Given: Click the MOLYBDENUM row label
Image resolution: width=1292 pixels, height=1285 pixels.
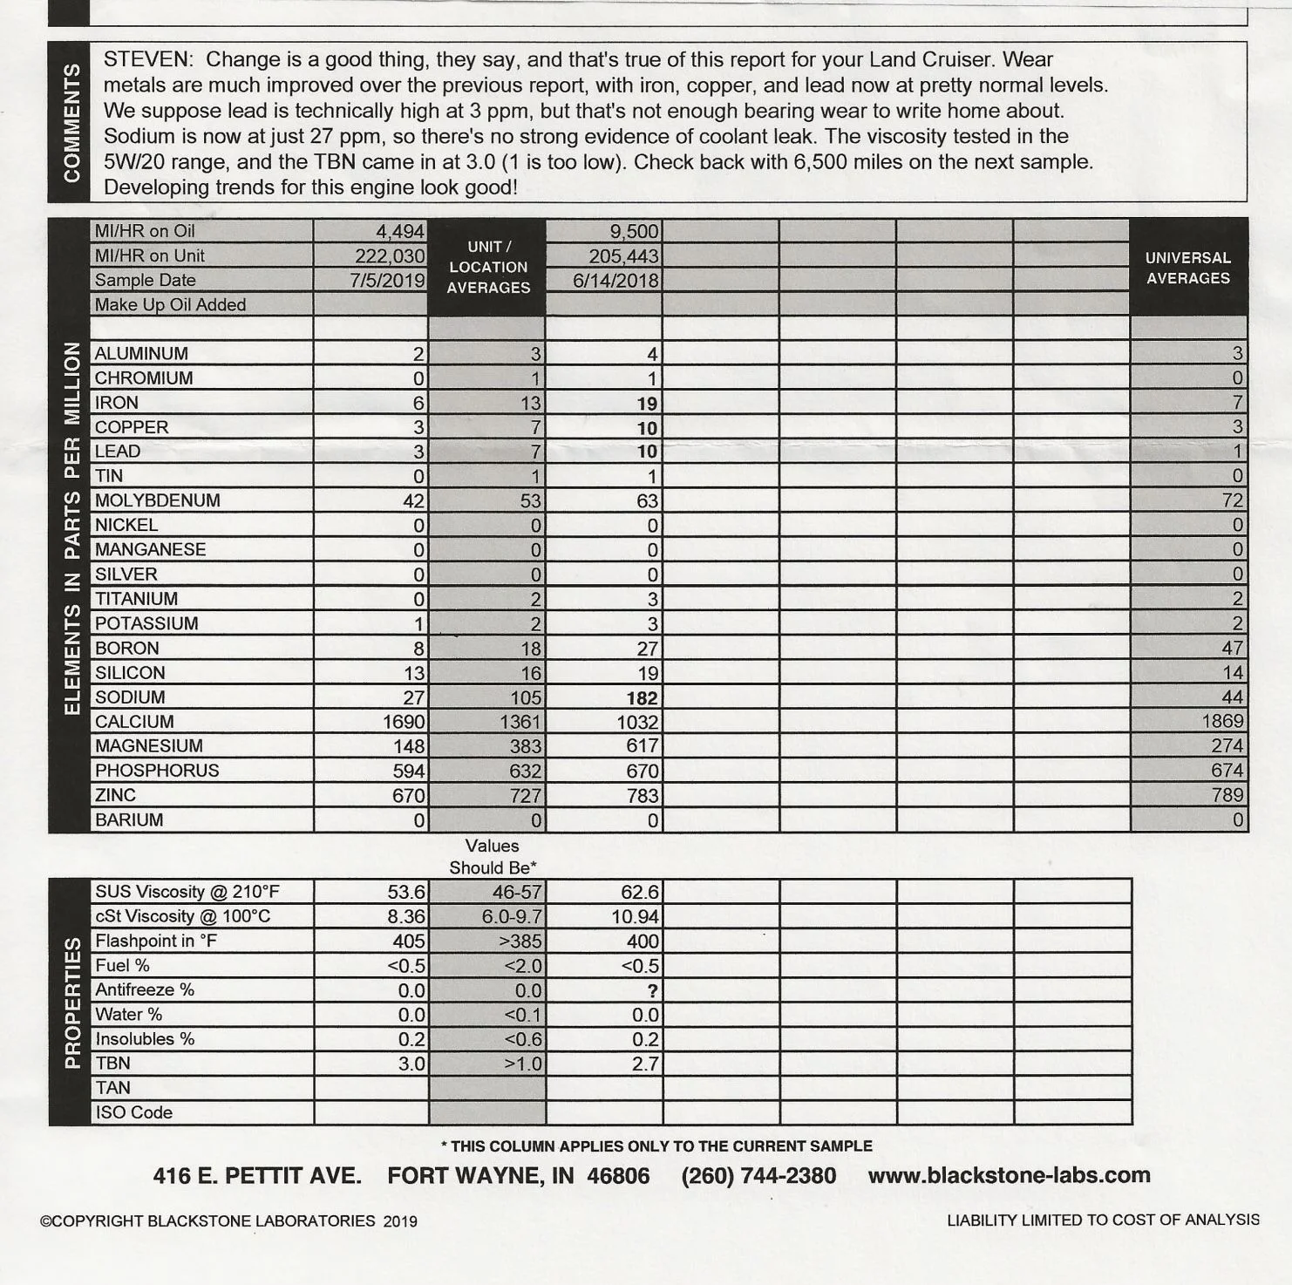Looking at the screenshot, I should (158, 500).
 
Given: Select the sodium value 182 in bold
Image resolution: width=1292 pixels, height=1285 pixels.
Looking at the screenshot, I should (643, 697).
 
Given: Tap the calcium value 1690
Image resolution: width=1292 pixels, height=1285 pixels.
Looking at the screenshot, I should (404, 722).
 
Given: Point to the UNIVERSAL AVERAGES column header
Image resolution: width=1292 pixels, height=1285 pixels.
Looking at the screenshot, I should (1187, 268).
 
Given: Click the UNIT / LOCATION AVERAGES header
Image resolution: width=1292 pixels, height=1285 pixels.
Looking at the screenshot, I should (488, 267).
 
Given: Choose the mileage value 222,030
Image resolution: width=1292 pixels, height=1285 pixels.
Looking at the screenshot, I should (390, 255).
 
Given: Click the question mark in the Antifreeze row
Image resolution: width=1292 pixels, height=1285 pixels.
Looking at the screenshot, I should (652, 990).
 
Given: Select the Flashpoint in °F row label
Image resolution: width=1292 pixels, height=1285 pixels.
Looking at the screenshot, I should (156, 941).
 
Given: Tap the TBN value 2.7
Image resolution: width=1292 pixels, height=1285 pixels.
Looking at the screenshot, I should (645, 1064).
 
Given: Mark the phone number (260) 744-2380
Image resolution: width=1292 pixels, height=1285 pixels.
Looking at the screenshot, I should (758, 1176).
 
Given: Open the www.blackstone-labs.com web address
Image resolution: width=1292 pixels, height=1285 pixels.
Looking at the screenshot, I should (1009, 1175).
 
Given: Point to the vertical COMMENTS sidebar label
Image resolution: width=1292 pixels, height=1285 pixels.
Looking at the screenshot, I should (71, 122).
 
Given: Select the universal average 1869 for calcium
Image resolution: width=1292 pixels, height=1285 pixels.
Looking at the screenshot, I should (1222, 721).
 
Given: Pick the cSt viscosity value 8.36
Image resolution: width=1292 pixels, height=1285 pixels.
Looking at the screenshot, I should (405, 916).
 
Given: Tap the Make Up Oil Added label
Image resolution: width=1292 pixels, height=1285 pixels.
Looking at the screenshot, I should (170, 304).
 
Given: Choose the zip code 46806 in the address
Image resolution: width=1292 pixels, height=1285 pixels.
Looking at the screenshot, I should (618, 1176).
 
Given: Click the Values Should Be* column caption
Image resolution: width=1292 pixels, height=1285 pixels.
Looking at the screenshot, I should (493, 856).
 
